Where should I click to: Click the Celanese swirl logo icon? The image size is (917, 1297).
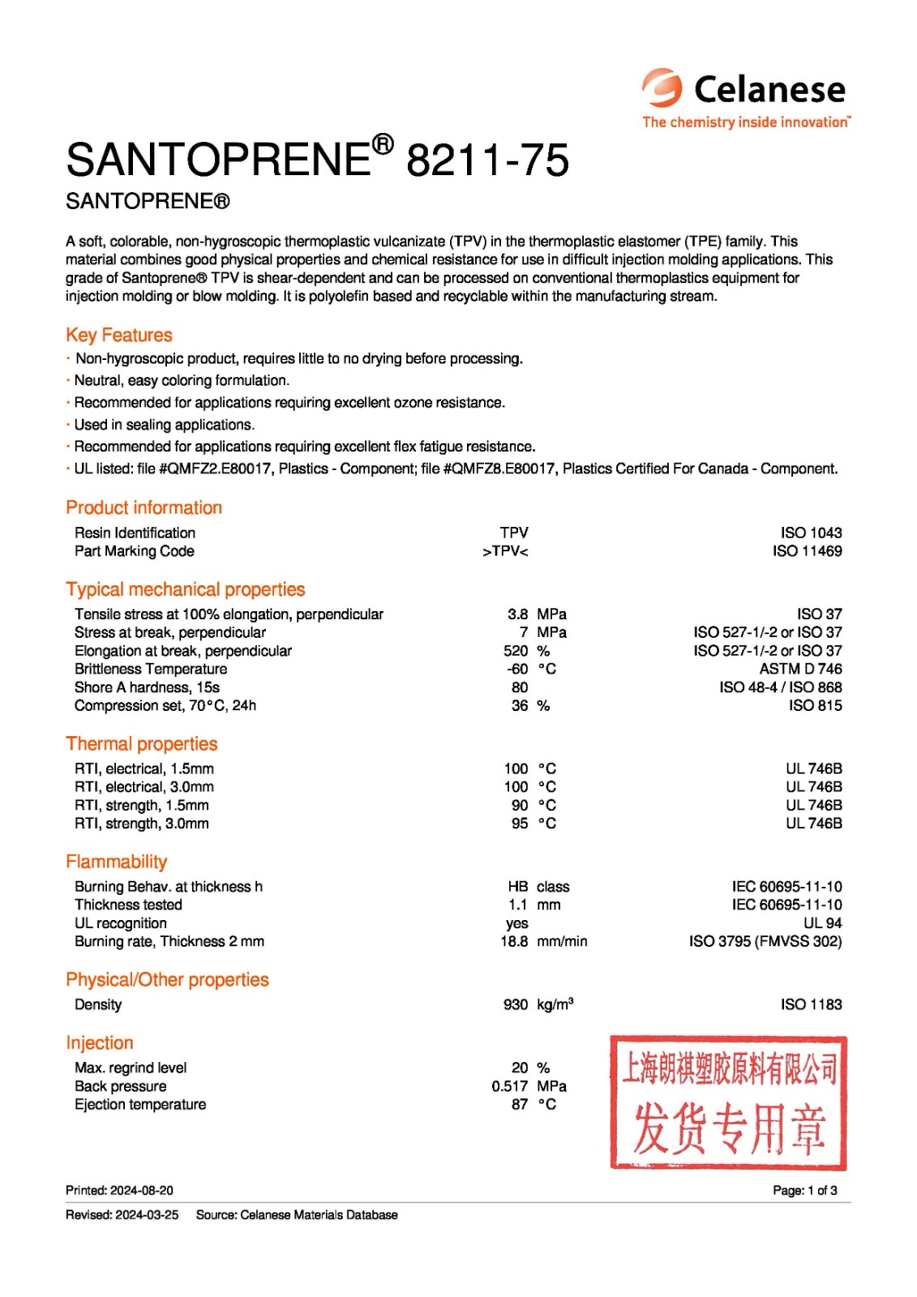pyautogui.click(x=662, y=88)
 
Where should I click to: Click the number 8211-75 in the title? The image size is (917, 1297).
pyautogui.click(x=487, y=160)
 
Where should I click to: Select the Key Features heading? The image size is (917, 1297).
pyautogui.click(x=119, y=335)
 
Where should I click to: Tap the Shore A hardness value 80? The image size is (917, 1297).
pyautogui.click(x=520, y=687)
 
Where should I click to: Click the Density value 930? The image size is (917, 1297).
pyautogui.click(x=516, y=1004)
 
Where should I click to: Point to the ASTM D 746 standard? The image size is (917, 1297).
pyautogui.click(x=800, y=669)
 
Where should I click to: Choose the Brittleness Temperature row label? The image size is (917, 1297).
pyautogui.click(x=151, y=669)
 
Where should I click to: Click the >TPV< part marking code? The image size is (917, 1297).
pyautogui.click(x=505, y=551)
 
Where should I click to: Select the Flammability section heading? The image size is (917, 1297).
pyautogui.click(x=117, y=862)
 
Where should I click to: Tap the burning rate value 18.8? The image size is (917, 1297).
pyautogui.click(x=514, y=941)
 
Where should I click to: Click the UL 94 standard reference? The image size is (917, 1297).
pyautogui.click(x=822, y=923)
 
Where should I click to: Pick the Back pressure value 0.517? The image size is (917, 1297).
pyautogui.click(x=509, y=1086)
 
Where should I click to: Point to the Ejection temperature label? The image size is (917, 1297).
pyautogui.click(x=140, y=1104)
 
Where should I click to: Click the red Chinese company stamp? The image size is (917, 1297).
pyautogui.click(x=728, y=1102)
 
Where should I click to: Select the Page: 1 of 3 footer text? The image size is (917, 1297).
pyautogui.click(x=805, y=1190)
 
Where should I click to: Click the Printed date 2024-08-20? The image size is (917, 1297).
pyautogui.click(x=141, y=1190)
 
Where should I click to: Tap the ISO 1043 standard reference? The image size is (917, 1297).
pyautogui.click(x=811, y=533)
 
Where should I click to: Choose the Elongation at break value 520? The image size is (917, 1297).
pyautogui.click(x=516, y=651)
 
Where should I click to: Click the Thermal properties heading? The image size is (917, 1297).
pyautogui.click(x=142, y=743)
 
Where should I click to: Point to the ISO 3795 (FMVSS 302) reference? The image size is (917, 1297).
pyautogui.click(x=765, y=941)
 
